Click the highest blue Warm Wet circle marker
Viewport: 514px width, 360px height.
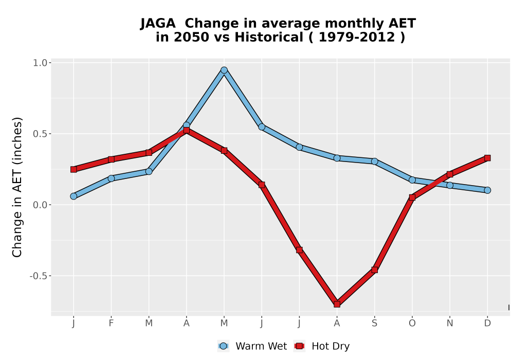click(x=224, y=70)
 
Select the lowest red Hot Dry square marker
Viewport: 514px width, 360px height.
click(x=337, y=304)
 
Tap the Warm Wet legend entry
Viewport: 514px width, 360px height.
click(x=252, y=346)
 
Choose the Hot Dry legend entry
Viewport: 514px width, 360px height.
click(x=322, y=346)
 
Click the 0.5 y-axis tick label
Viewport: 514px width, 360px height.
click(x=40, y=134)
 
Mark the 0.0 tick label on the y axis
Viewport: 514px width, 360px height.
click(x=40, y=205)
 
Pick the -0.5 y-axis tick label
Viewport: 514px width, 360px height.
click(x=39, y=276)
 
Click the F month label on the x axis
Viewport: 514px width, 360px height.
click(x=111, y=323)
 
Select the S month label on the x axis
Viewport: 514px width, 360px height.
click(x=374, y=323)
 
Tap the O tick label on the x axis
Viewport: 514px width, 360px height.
click(x=412, y=323)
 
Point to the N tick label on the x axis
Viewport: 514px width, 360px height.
click(x=450, y=323)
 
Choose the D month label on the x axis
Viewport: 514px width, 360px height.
click(x=487, y=323)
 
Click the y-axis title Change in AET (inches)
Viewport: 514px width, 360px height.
click(x=17, y=187)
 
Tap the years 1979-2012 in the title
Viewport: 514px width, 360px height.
click(x=357, y=37)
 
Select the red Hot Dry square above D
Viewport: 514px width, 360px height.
click(x=487, y=158)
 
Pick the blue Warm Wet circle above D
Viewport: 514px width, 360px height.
click(x=487, y=190)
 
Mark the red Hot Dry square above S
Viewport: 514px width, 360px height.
click(x=374, y=270)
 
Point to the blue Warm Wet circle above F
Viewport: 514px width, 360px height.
click(x=111, y=178)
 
